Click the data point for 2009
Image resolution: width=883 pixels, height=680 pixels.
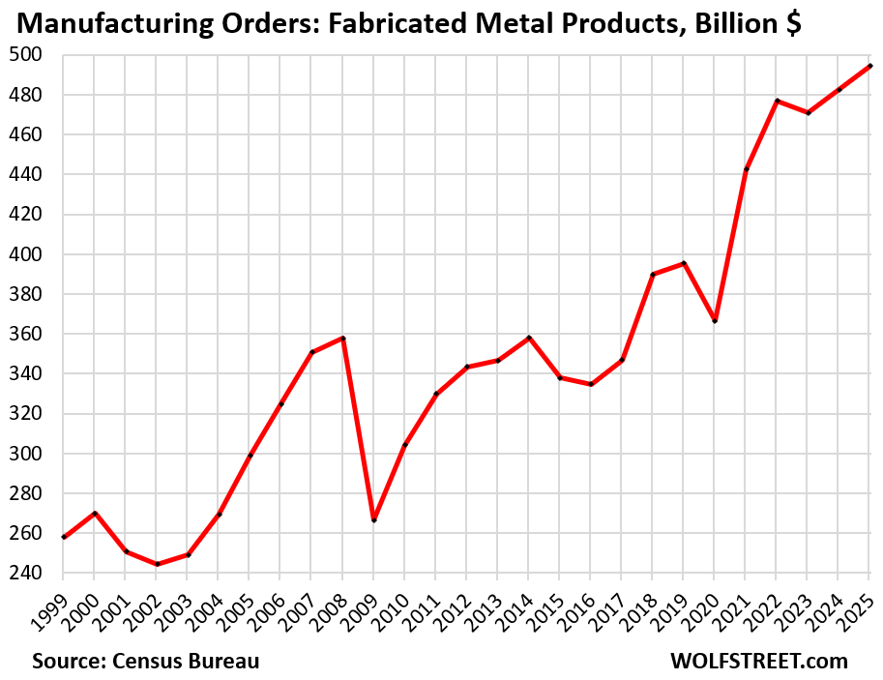(x=374, y=520)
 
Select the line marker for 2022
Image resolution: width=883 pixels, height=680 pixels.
(x=777, y=101)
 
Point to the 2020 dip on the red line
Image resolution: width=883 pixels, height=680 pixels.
(x=715, y=320)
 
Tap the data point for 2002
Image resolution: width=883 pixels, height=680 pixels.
(x=158, y=564)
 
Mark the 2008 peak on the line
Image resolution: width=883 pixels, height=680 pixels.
(x=343, y=338)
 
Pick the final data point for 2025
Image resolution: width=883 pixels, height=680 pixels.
(x=869, y=66)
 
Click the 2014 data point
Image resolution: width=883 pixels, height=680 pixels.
(x=529, y=338)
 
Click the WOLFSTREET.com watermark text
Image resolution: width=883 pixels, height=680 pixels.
(x=758, y=661)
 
